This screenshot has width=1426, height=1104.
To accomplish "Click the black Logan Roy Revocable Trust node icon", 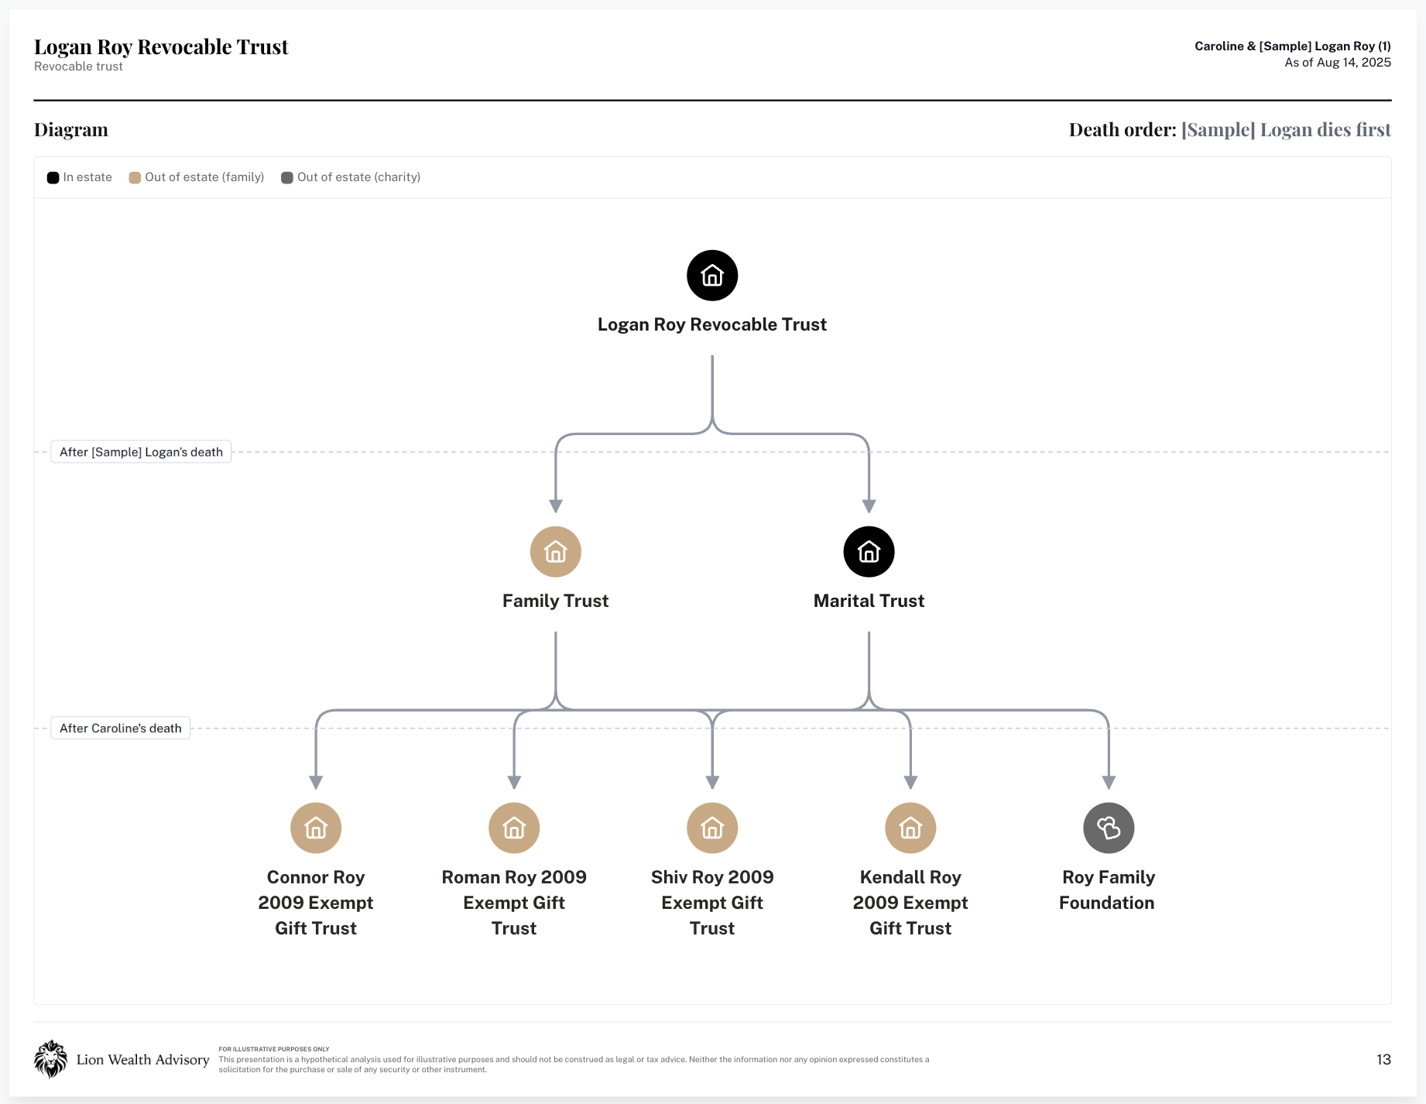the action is click(x=712, y=276).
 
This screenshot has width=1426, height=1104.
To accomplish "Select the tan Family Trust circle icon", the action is click(x=556, y=552).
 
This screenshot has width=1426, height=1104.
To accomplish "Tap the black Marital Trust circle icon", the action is click(x=869, y=552).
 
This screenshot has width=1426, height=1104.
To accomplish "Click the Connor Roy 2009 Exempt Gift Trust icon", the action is click(x=316, y=828).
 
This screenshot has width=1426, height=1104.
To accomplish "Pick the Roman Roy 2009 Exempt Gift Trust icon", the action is click(x=514, y=828).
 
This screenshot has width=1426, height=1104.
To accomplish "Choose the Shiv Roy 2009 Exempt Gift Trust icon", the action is click(x=712, y=828).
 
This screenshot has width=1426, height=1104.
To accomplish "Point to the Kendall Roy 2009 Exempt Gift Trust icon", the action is click(x=910, y=828).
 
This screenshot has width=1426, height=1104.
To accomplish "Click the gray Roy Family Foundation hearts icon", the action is click(x=1109, y=828).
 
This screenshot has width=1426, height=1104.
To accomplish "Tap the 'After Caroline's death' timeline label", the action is click(x=121, y=729).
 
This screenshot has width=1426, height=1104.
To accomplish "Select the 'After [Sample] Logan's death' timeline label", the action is click(x=141, y=452).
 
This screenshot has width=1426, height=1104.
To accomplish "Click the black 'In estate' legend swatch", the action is click(x=53, y=177).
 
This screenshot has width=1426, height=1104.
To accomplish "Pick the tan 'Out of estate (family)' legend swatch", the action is click(x=135, y=177).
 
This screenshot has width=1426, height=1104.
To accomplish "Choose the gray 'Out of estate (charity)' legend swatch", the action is click(x=287, y=177).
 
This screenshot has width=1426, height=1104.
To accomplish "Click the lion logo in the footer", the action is click(x=50, y=1059).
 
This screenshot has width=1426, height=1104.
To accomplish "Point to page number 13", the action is click(x=1383, y=1060).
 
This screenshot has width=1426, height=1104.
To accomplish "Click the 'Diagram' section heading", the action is click(x=71, y=129).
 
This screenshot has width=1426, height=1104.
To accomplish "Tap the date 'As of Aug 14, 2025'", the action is click(x=1338, y=63).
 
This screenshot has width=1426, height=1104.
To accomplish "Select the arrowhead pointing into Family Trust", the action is click(x=556, y=506).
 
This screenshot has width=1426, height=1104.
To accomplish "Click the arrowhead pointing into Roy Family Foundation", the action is click(x=1109, y=783).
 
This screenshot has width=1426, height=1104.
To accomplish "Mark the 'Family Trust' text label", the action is click(x=556, y=601).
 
